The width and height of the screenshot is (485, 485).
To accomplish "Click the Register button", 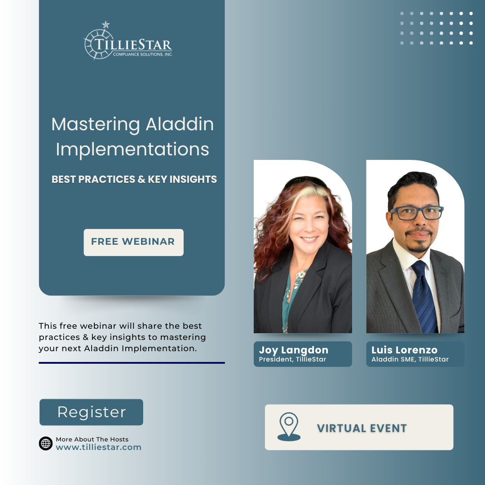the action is point(91,412).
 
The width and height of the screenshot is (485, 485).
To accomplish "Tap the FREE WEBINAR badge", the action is point(134,242).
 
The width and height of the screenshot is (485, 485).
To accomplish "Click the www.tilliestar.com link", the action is point(98,447).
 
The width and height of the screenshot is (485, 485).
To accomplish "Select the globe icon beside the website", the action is point(46,443).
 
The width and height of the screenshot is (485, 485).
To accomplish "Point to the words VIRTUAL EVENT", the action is point(362,428).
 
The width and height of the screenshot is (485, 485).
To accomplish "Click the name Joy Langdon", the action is point(294,350).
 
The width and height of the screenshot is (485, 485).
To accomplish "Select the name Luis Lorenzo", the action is point(404,350).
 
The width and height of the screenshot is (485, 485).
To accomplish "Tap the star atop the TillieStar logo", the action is point(106,24).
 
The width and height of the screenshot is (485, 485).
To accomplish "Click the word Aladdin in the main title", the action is point(180,124).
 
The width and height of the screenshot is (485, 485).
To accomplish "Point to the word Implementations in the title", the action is point(132,150).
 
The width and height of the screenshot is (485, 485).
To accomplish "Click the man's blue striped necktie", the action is point(424,296).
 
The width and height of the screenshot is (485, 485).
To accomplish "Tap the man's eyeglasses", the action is point(417,213).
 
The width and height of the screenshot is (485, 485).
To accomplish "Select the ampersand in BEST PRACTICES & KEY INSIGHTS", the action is point(141,179).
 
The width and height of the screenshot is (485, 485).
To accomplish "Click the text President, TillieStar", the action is point(292,359).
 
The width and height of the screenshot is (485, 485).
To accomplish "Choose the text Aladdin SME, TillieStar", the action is point(410,359).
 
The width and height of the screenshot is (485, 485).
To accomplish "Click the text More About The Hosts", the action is point(92,439).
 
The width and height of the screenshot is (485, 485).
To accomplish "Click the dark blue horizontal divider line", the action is point(132,363).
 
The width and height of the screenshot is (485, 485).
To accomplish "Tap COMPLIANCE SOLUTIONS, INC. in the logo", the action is point(143,54).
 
